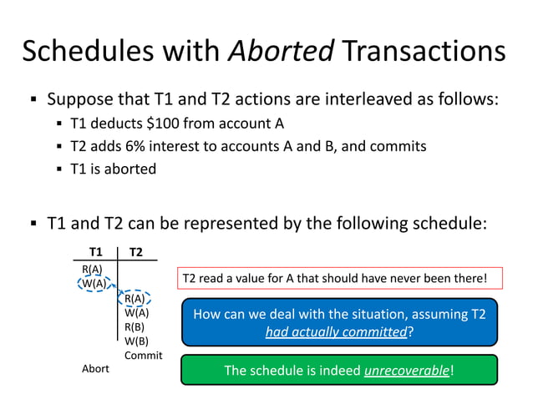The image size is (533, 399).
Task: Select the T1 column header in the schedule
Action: coord(96,252)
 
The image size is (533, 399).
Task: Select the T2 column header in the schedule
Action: coord(135,252)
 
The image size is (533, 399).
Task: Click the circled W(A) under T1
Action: coord(94,283)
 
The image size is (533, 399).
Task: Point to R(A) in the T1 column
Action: coord(92,269)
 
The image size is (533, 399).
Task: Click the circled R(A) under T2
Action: coord(135,298)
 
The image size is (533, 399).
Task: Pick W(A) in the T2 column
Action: coord(136,312)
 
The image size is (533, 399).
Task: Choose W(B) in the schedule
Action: coord(136,341)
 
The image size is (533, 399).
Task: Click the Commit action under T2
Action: coord(143,356)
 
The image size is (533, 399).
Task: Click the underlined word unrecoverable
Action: coord(406,370)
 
